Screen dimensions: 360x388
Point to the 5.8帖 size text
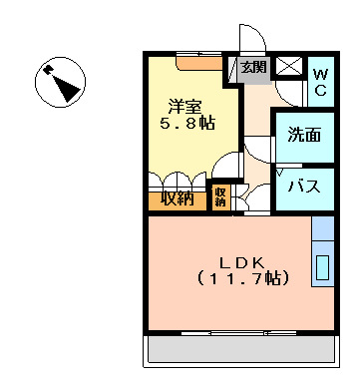pos(187,124)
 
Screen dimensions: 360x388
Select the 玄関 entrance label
pos(253,68)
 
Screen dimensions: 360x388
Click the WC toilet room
pos(320,81)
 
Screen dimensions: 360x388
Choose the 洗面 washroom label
pos(304,135)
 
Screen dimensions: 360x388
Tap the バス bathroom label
pos(303,187)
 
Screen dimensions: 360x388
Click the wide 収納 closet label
pos(177,197)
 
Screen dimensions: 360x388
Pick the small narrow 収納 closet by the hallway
pos(220,196)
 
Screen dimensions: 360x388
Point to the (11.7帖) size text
pos(241,279)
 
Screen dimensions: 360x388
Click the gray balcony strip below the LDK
pos(240,350)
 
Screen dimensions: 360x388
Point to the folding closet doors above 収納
pos(177,179)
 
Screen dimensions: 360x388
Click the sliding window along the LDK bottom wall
pos(240,330)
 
